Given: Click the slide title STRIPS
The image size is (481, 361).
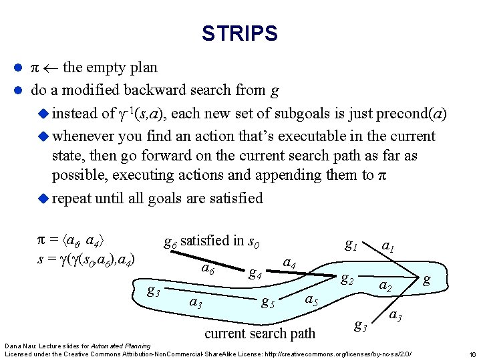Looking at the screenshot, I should tap(239, 33).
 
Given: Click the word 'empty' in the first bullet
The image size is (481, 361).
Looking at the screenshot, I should tap(112, 68).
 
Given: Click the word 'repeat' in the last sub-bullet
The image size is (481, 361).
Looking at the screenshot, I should tap(71, 198).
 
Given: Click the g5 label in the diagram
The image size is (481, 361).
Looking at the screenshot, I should tap(269, 302).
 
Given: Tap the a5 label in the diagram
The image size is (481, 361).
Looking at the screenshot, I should tap(311, 299).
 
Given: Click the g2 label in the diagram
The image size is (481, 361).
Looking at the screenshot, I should tap(347, 279).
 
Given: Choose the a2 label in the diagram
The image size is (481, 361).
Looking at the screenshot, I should tap(385, 286).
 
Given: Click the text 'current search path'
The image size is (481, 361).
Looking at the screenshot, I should tap(260, 333).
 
